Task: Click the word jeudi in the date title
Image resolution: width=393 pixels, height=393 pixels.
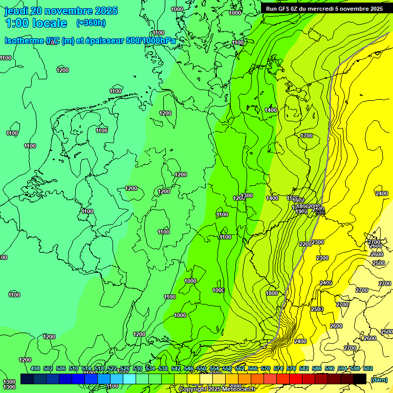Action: (x=16, y=11)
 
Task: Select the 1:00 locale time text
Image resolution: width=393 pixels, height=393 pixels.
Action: (x=36, y=23)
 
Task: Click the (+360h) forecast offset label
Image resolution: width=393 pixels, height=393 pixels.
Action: (x=91, y=23)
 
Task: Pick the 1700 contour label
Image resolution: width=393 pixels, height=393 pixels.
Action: (x=307, y=136)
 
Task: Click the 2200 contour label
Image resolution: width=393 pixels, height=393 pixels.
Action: (x=305, y=244)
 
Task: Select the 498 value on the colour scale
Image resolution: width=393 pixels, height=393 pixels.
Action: (x=35, y=368)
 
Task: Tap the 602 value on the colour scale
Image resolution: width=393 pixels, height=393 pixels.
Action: (x=368, y=368)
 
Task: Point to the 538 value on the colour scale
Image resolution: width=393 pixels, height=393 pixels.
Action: (x=163, y=368)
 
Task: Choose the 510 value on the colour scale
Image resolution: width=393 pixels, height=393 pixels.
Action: (x=74, y=368)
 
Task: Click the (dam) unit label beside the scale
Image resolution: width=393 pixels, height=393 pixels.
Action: (x=379, y=379)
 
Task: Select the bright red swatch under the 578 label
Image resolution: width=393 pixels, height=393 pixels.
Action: (x=295, y=379)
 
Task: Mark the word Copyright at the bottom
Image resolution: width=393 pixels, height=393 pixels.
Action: (x=194, y=389)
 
